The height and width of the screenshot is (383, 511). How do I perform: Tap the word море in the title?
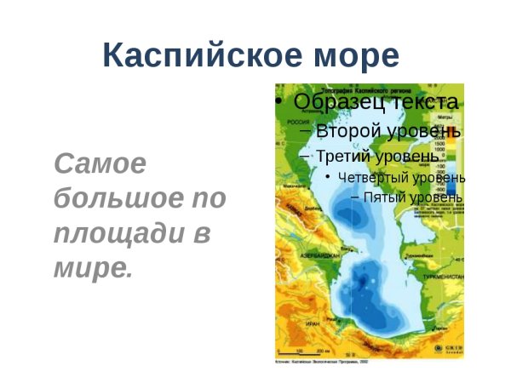point(353,56)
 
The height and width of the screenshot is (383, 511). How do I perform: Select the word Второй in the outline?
point(344,131)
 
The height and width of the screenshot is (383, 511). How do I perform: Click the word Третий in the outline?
point(346,156)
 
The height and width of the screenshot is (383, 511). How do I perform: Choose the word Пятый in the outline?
point(383,197)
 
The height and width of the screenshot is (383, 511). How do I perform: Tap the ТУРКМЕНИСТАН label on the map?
point(444,277)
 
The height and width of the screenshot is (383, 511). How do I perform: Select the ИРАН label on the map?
point(313,324)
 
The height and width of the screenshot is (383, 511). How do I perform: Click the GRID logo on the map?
point(451,348)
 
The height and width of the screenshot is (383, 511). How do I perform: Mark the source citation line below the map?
point(324,362)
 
